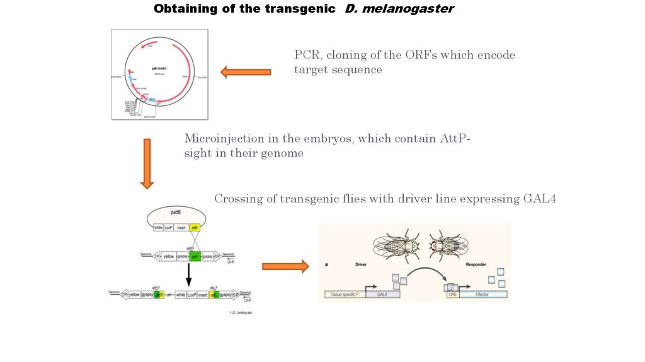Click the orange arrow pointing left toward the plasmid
click(246, 73)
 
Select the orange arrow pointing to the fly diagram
click(285, 266)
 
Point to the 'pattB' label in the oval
click(183, 214)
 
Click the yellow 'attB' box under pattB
click(195, 228)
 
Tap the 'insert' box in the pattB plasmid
click(181, 228)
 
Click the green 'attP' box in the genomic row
click(195, 257)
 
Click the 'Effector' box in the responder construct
click(482, 294)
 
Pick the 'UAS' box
click(452, 294)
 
